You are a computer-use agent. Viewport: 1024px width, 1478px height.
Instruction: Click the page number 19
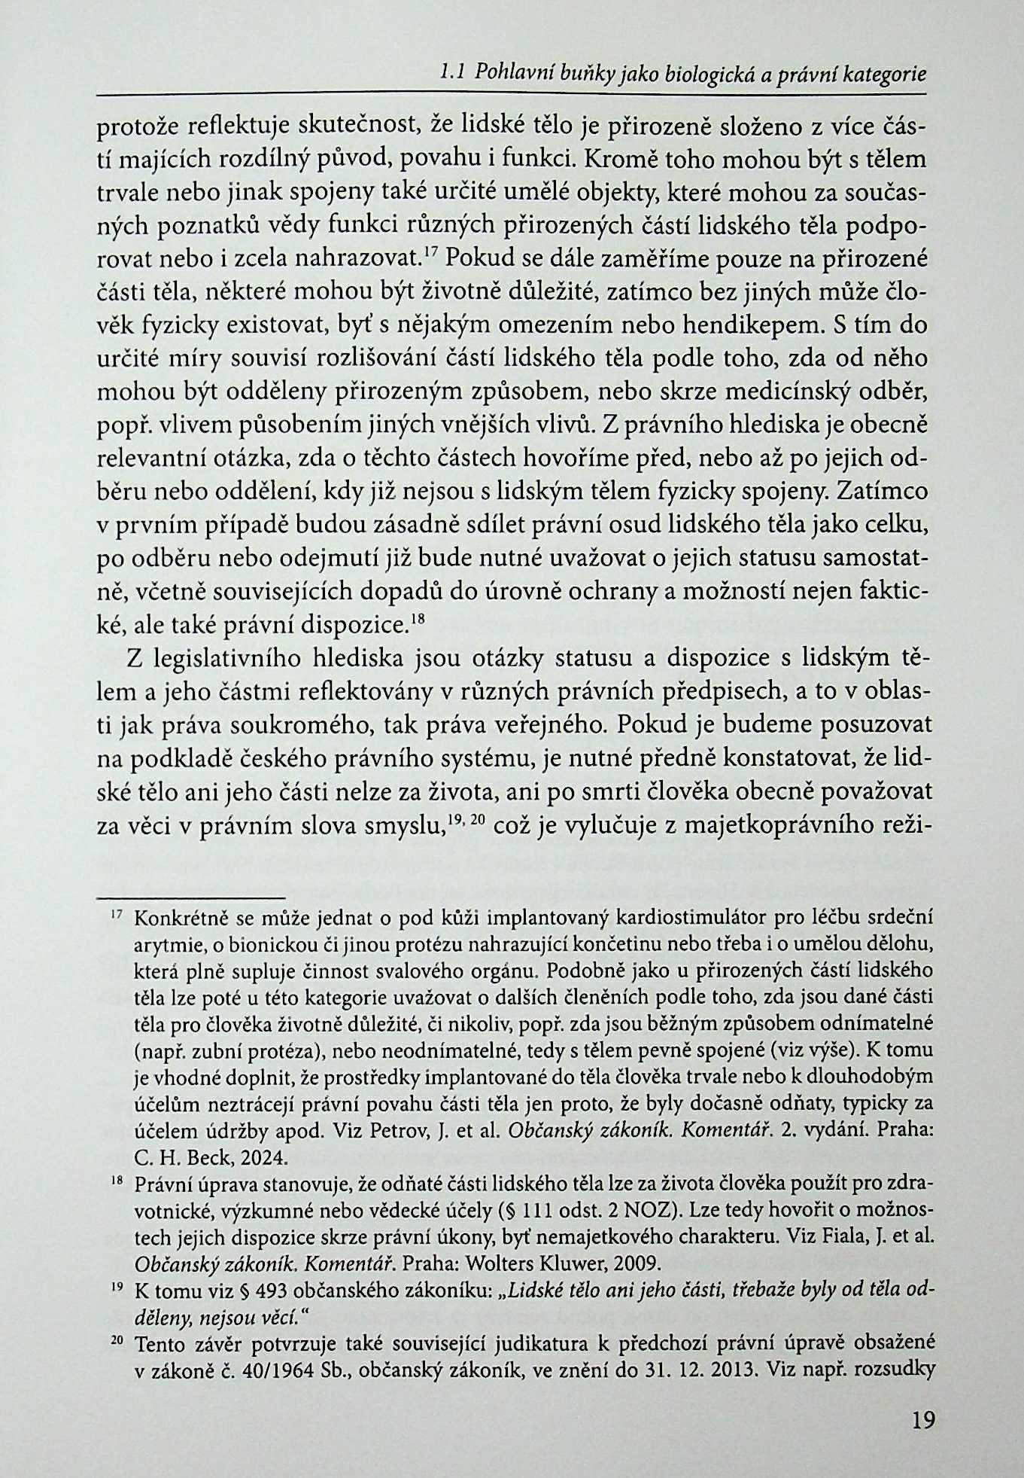point(922,1421)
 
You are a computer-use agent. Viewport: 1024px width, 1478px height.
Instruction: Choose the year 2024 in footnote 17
point(254,1155)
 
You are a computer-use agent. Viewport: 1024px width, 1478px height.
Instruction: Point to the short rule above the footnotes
point(191,897)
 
